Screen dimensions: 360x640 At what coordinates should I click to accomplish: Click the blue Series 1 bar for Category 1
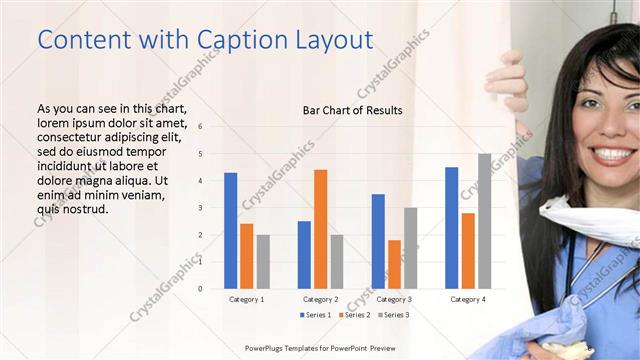click(231, 230)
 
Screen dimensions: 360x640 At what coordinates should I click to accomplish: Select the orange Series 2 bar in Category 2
click(320, 229)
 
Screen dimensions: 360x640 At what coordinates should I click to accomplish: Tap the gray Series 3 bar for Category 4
click(484, 221)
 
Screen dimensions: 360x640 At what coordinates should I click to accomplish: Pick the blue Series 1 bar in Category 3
click(378, 241)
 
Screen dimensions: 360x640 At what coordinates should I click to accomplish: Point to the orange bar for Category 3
click(394, 264)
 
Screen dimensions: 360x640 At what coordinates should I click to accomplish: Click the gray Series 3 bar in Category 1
click(263, 261)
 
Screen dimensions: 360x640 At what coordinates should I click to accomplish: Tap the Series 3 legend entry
click(393, 315)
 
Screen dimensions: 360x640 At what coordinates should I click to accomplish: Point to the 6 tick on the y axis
click(200, 127)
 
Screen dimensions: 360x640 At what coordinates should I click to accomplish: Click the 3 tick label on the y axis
click(200, 208)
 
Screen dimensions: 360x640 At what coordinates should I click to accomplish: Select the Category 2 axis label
click(320, 299)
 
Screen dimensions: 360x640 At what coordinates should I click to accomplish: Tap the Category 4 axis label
click(467, 299)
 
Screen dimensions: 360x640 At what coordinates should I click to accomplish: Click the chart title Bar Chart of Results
click(352, 110)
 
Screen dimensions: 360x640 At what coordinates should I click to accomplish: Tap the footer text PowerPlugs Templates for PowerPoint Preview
click(320, 348)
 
